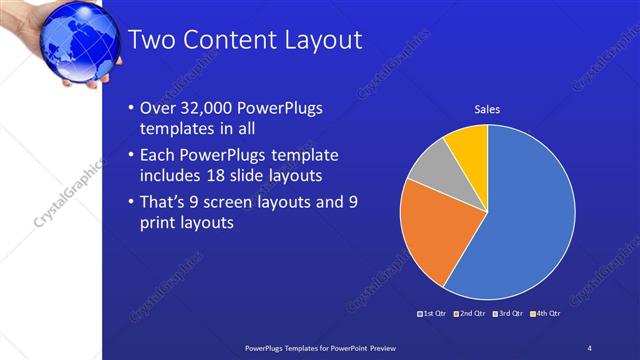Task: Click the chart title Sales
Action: click(487, 109)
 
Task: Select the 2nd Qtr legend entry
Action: click(469, 315)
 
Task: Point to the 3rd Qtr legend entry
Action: click(507, 315)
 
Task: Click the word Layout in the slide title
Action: click(317, 41)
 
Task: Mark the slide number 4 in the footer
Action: click(590, 346)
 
